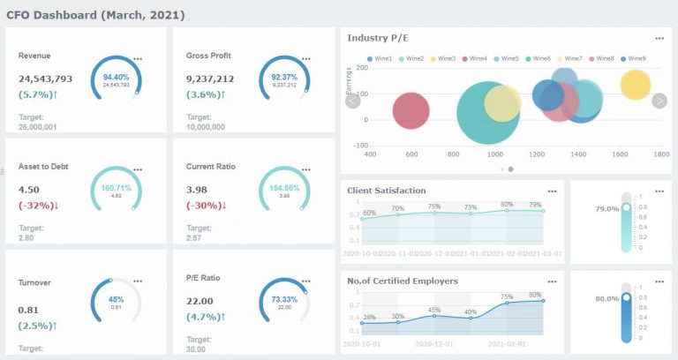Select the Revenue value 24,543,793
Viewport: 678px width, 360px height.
[x=45, y=79]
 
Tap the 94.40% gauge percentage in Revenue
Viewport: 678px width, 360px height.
[x=116, y=77]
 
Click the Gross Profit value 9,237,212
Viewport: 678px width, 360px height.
[x=210, y=79]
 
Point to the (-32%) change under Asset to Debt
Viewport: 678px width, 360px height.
[x=41, y=205]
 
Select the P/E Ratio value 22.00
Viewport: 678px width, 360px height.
[x=200, y=300]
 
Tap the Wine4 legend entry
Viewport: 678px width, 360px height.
[x=474, y=58]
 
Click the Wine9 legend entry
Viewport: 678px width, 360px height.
[x=633, y=58]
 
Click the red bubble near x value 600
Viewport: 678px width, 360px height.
[x=411, y=111]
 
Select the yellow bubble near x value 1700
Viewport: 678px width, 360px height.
[x=634, y=85]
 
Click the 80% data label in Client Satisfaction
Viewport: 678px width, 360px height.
[x=507, y=204]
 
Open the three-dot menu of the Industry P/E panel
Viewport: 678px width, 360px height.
[x=659, y=39]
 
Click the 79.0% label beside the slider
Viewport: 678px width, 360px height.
[x=606, y=209]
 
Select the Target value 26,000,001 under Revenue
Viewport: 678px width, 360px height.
[x=38, y=126]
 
